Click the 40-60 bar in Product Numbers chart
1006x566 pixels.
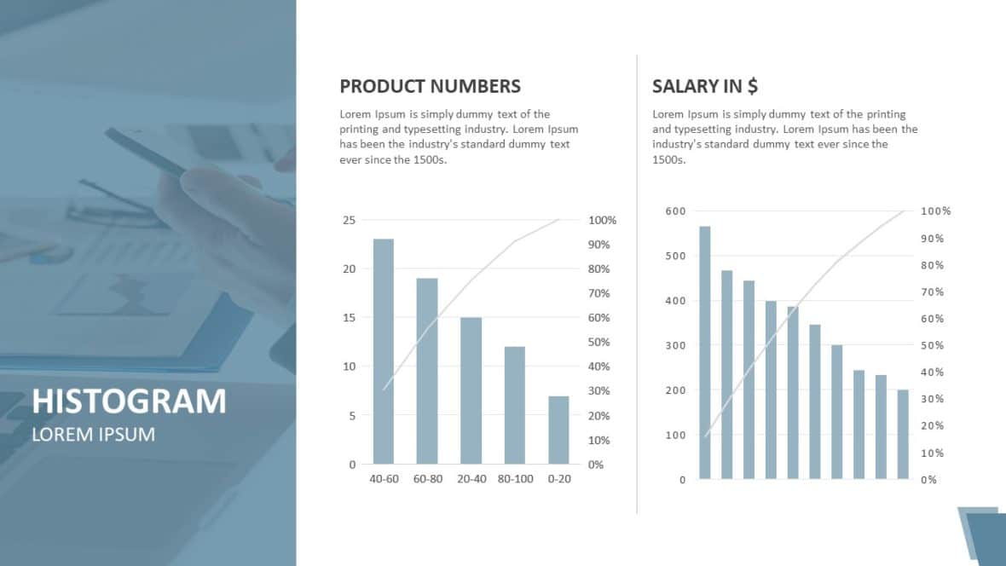[x=384, y=351]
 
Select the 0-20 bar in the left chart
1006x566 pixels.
[x=558, y=430]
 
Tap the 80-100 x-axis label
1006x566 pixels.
[x=515, y=479]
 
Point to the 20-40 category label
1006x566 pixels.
[x=471, y=479]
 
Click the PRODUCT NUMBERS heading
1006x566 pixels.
[x=430, y=86]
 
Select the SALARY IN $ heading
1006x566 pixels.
[x=705, y=86]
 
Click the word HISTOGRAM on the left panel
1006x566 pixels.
[x=129, y=401]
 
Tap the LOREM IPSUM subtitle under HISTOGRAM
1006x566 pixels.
[x=93, y=434]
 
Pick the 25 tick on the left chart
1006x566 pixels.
[x=349, y=220]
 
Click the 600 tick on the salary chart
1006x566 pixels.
[x=675, y=211]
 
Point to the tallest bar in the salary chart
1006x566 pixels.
[x=705, y=352]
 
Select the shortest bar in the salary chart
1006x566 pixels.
[x=903, y=434]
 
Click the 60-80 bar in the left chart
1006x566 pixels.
[x=427, y=371]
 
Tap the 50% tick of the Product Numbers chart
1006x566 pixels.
[x=600, y=343]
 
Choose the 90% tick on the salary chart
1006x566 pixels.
[x=932, y=238]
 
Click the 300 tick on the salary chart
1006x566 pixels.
[x=675, y=345]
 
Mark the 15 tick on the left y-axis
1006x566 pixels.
[x=349, y=318]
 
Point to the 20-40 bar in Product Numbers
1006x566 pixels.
[x=471, y=390]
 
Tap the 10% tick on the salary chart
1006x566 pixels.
[x=932, y=453]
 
